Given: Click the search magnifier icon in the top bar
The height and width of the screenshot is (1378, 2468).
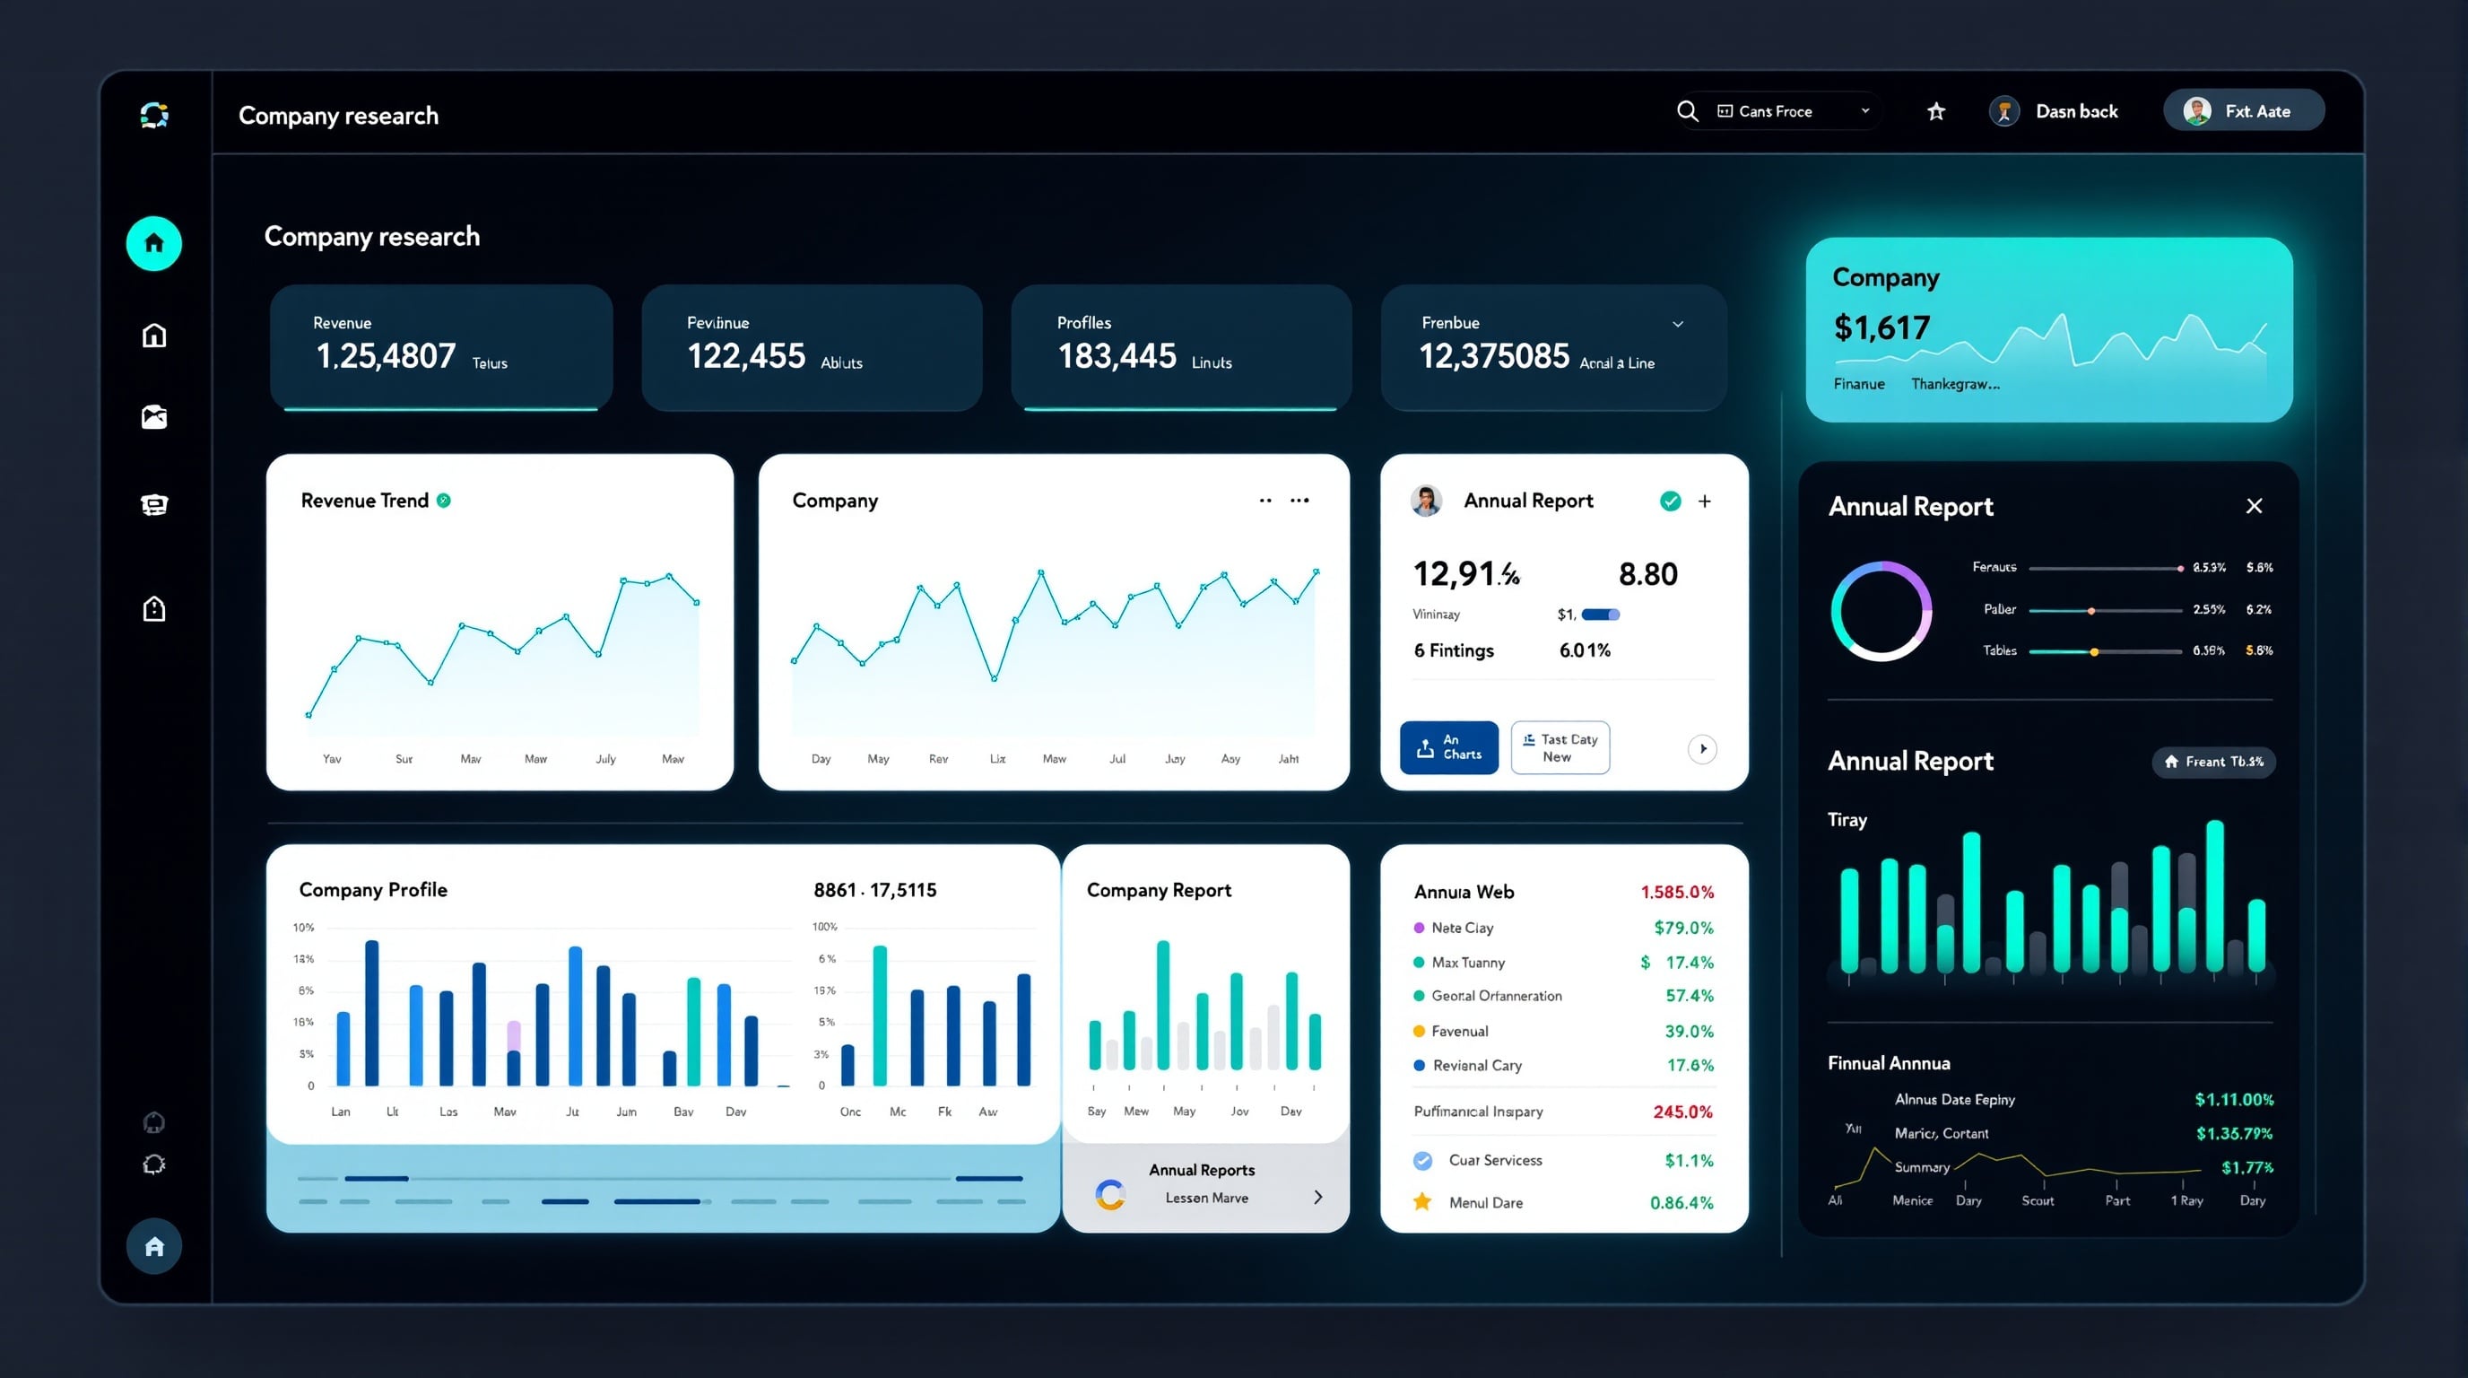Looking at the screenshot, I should (x=1687, y=112).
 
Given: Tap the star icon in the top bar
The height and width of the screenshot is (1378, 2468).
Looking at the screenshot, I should (x=1935, y=112).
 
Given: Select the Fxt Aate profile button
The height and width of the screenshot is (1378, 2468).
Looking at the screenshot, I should (x=2242, y=111).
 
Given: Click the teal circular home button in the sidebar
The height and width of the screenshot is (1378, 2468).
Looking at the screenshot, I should (x=154, y=243).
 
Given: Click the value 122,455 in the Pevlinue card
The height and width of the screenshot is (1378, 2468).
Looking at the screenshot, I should (x=746, y=356).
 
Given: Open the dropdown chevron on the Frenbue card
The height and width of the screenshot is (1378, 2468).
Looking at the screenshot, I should (x=1678, y=324).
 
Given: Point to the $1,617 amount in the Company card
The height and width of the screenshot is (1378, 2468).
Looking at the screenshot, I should (x=1881, y=327).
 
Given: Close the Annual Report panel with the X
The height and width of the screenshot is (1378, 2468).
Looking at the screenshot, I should (x=2254, y=506).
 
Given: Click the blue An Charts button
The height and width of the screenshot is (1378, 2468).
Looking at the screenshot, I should (x=1448, y=747).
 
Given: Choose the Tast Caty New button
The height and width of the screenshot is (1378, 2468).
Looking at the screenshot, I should (x=1560, y=747).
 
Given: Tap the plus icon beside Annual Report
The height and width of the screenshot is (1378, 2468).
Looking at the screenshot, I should (x=1705, y=501).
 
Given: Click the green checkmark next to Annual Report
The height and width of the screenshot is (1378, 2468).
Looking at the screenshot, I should (x=1670, y=501).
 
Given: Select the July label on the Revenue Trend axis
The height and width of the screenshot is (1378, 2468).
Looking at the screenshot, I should (x=605, y=759).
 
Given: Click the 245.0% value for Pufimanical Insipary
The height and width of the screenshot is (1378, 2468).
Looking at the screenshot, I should (x=1682, y=1112).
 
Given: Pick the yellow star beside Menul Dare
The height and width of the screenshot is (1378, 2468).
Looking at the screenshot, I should (x=1421, y=1201).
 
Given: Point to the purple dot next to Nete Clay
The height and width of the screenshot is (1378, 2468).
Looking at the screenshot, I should (x=1419, y=928).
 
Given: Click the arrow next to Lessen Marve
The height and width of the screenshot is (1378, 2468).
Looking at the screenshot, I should (x=1318, y=1197).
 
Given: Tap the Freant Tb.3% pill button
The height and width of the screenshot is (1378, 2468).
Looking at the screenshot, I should (x=2213, y=762).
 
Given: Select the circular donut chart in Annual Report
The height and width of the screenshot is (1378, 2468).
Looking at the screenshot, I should (x=1881, y=611).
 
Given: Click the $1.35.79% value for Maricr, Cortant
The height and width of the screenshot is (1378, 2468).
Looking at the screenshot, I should (x=2233, y=1134).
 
